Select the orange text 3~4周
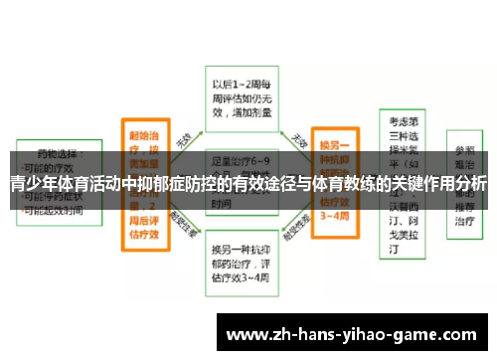pos(337,216)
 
